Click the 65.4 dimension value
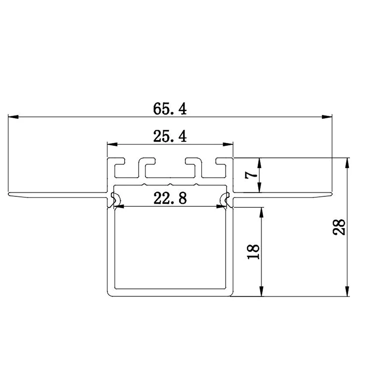(x=170, y=109)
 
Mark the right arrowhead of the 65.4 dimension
(x=326, y=117)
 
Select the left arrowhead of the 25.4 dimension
(x=112, y=145)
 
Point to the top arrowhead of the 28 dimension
(x=348, y=162)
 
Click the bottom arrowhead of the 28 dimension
(x=348, y=292)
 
